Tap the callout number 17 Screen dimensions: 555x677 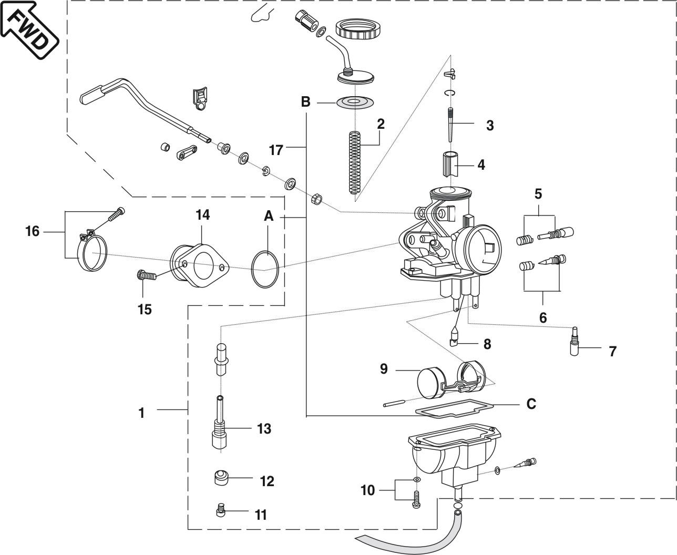pos(276,150)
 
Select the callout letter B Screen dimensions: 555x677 pos(305,101)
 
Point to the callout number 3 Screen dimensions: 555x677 pos(490,126)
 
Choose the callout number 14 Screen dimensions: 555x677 pos(203,214)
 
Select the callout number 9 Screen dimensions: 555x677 pos(384,369)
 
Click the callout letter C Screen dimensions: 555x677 pos(531,404)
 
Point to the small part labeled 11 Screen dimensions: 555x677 pos(221,510)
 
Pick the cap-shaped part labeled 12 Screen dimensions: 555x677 pos(222,479)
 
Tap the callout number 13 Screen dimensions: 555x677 pos(264,429)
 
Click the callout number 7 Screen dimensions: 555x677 pos(612,351)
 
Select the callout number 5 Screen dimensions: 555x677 pos(538,194)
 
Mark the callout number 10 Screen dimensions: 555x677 pos(367,490)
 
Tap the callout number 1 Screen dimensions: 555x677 pos(141,413)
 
